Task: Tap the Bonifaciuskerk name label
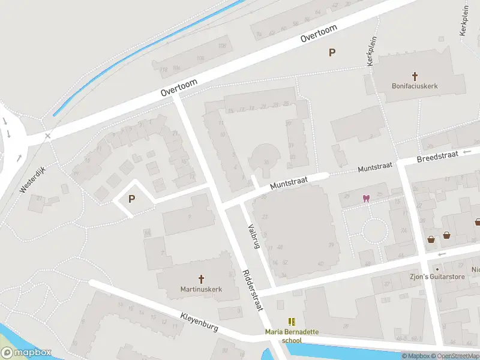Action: [x=415, y=86]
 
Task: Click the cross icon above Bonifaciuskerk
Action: [x=415, y=76]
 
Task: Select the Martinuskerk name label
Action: [x=201, y=289]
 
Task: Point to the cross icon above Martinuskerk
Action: [x=201, y=279]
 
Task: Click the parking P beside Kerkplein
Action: [x=332, y=53]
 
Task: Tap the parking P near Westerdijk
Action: [x=131, y=199]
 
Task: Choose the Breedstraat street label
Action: [x=436, y=158]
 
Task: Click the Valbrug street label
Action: [x=254, y=236]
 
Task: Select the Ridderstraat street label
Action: [x=253, y=289]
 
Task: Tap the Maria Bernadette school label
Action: [x=292, y=336]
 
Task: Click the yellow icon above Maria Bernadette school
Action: [x=292, y=322]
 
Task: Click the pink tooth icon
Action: [x=365, y=198]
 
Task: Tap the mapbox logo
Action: [x=26, y=353]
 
